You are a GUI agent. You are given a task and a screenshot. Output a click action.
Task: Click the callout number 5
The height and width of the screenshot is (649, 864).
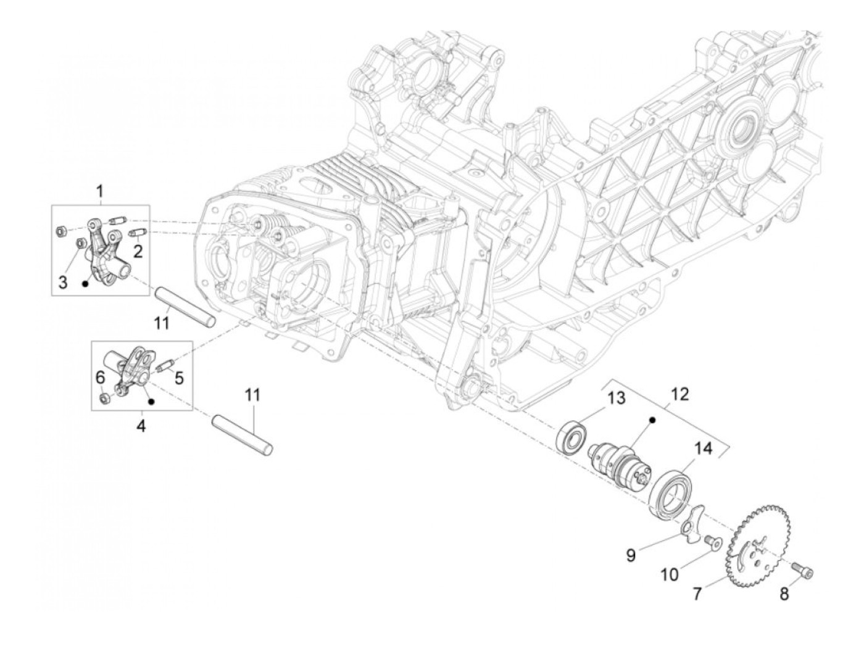tap(178, 376)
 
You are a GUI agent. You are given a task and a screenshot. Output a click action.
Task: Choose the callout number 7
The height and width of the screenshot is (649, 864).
tap(697, 595)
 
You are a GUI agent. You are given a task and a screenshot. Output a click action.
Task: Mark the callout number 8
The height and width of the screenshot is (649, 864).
tap(784, 595)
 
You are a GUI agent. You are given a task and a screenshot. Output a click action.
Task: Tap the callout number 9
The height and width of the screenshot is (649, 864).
tap(630, 555)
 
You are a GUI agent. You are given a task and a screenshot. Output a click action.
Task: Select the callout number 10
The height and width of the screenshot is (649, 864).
tap(670, 574)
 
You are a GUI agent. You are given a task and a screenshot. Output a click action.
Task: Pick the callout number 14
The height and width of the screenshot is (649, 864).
tap(704, 449)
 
